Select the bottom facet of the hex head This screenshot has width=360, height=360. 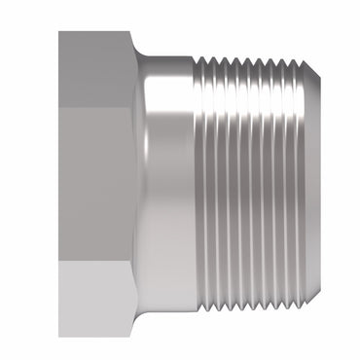[95, 300]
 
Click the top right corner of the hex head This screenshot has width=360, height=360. [133, 32]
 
